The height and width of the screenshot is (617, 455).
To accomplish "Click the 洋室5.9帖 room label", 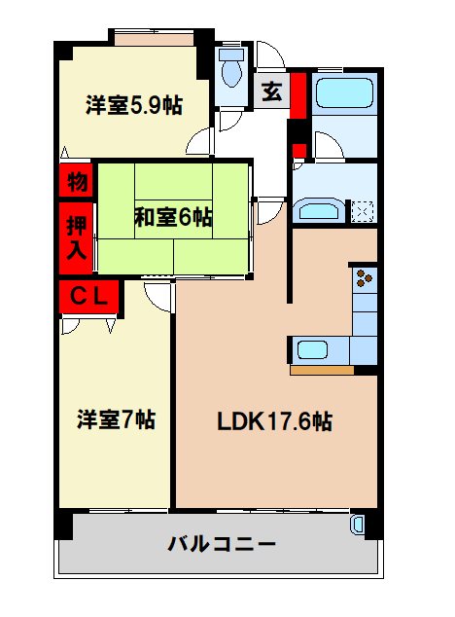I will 135,104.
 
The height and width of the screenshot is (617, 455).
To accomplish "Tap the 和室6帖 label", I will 173,217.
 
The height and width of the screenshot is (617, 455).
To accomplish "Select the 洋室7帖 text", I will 117,419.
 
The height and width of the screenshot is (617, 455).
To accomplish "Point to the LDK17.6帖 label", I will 275,421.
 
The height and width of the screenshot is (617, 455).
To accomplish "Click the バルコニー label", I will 223,543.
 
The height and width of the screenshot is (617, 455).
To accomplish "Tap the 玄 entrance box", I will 272,92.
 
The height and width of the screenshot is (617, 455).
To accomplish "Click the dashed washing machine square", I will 364,209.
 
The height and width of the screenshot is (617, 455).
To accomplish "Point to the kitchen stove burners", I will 365,278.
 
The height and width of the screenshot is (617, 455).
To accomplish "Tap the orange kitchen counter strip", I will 322,369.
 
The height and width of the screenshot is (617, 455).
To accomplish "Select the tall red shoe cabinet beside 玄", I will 298,93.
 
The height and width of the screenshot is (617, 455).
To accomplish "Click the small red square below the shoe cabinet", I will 299,149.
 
